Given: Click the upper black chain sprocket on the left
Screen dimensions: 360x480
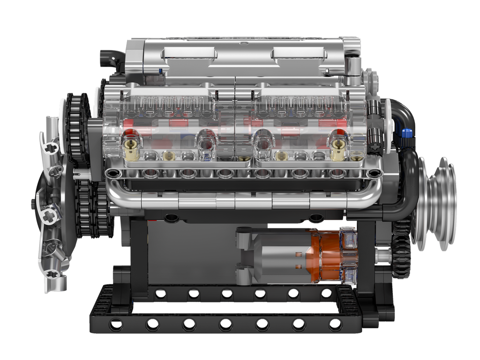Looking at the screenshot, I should pos(77,127).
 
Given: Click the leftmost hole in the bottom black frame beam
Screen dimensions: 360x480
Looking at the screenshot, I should pos(115,324).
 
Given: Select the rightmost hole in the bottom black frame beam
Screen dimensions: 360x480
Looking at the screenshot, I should pos(335,324).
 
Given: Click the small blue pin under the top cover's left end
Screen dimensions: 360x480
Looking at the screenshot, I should pos(161,72).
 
